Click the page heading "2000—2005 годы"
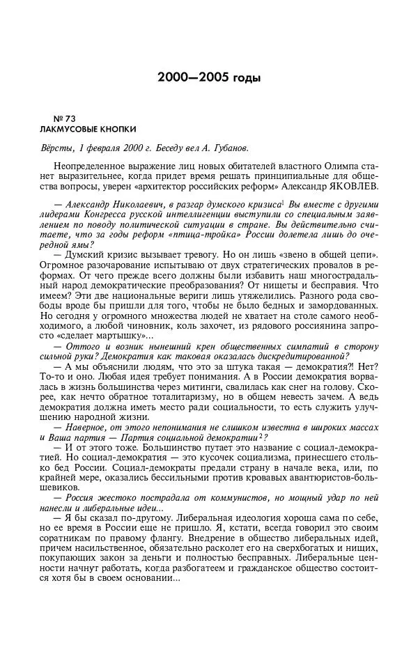click(208, 77)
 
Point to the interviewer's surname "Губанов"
click(228, 148)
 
